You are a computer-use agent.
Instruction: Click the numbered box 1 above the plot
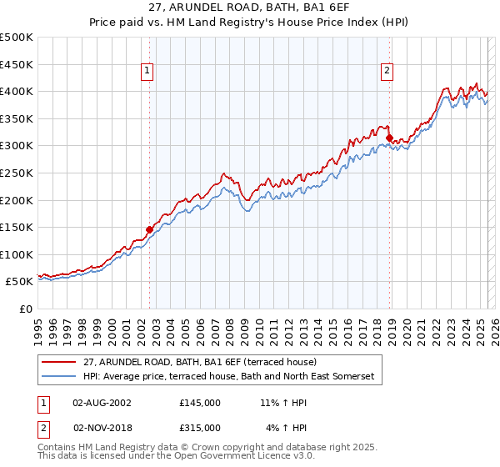pyautogui.click(x=147, y=72)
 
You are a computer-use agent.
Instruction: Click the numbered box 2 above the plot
pyautogui.click(x=387, y=72)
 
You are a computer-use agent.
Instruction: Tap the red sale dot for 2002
pyautogui.click(x=150, y=228)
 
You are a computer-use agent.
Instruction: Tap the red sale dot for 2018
pyautogui.click(x=389, y=138)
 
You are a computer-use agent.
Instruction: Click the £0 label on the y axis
pyautogui.click(x=25, y=309)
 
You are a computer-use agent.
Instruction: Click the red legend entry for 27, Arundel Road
pyautogui.click(x=199, y=362)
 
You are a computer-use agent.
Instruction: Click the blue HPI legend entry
pyautogui.click(x=229, y=377)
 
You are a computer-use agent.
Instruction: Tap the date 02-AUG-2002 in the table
pyautogui.click(x=102, y=402)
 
